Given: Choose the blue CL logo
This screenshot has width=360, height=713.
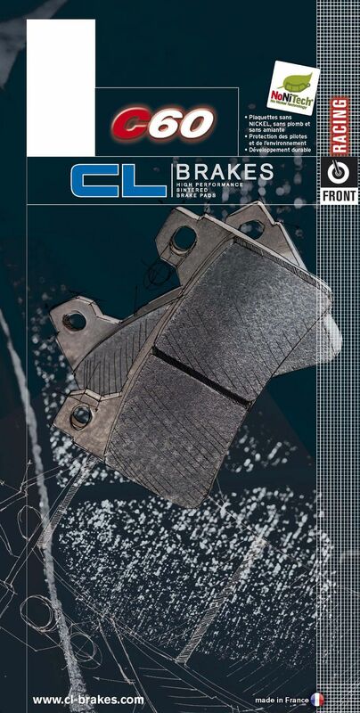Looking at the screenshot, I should (119, 180).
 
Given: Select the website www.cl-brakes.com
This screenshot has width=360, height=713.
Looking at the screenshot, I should (87, 700).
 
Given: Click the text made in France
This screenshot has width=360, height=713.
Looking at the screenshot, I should (282, 700).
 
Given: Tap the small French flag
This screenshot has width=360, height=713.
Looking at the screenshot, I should (317, 700).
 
